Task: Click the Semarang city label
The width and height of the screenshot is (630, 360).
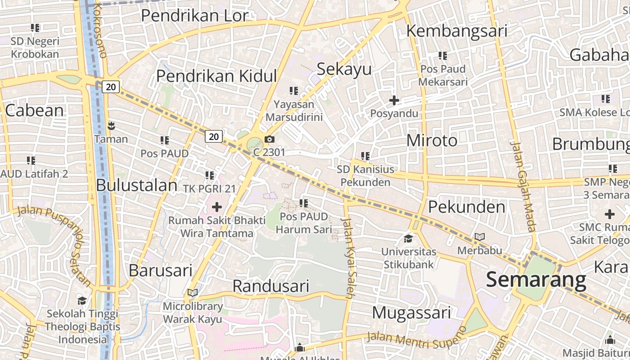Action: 536,280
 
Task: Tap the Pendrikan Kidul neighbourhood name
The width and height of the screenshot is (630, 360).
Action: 216,76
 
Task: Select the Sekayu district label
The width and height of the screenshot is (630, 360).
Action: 344,69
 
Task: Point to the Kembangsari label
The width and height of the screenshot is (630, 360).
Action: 457,31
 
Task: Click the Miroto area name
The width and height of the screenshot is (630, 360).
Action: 432,140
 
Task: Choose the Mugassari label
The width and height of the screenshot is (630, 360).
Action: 411,312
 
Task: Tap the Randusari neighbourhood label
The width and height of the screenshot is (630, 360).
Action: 271,286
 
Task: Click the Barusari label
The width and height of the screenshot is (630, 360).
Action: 161,270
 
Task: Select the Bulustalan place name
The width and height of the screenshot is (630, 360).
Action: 137,185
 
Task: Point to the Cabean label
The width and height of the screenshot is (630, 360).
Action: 35,110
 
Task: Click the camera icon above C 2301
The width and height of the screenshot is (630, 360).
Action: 270,139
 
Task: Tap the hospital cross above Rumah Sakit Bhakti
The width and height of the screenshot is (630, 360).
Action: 217,207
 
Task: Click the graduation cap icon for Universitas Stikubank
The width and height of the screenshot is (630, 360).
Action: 409,238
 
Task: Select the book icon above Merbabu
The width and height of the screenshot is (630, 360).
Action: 480,237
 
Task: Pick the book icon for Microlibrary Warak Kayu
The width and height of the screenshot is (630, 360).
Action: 193,293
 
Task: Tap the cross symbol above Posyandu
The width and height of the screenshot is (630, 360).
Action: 394,100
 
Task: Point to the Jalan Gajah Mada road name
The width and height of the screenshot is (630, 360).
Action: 523,187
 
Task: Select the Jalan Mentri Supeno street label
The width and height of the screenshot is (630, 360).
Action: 417,337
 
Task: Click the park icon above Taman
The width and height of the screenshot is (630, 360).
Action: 111,125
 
